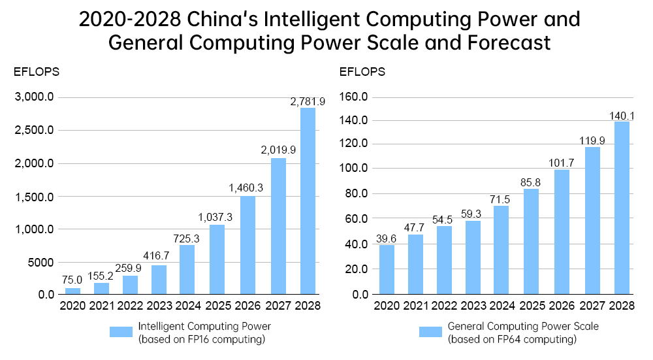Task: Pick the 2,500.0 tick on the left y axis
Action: pyautogui.click(x=37, y=131)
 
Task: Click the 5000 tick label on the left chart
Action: pyautogui.click(x=40, y=262)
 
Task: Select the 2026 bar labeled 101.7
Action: pyautogui.click(x=562, y=232)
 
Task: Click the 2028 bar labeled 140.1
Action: pyautogui.click(x=622, y=208)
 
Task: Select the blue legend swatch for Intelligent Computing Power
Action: pyautogui.click(x=120, y=332)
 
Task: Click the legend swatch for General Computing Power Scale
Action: pyautogui.click(x=430, y=332)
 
